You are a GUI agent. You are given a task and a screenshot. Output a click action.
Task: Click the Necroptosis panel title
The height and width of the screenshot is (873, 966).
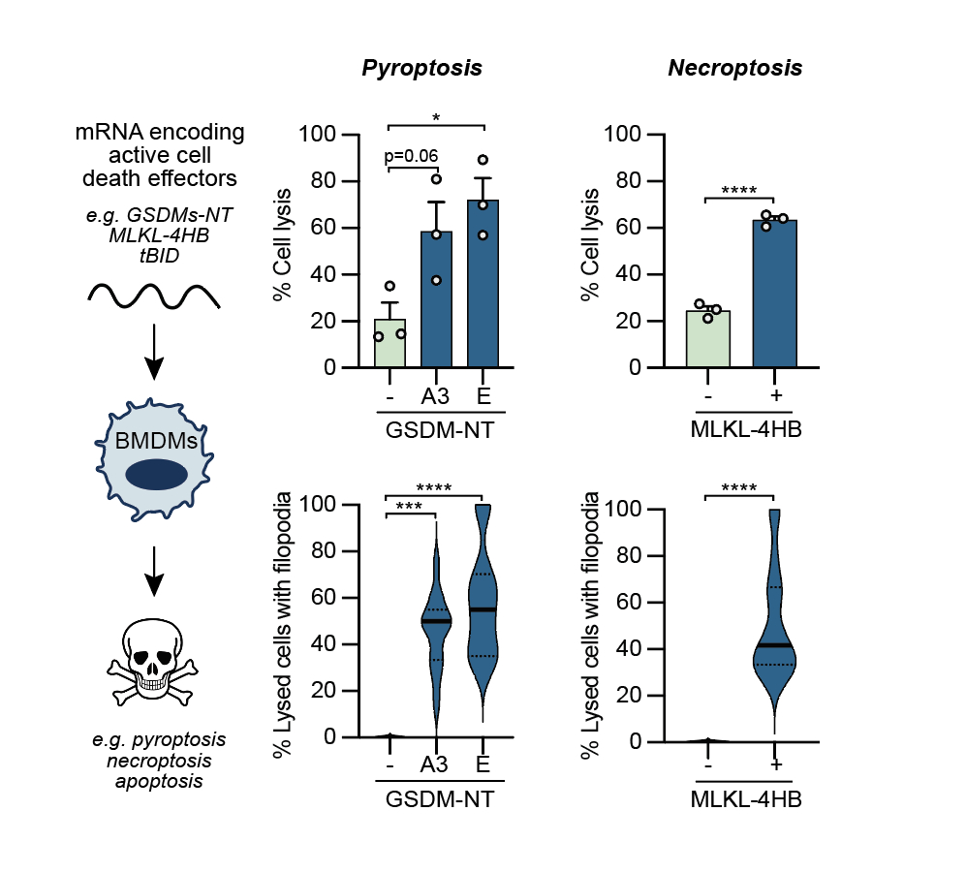734,69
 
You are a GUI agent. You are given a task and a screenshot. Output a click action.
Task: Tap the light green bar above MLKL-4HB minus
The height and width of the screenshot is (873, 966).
708,338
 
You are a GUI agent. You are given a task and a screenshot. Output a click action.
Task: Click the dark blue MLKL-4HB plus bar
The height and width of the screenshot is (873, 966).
774,295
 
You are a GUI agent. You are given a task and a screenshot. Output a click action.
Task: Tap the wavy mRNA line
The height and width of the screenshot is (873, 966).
154,295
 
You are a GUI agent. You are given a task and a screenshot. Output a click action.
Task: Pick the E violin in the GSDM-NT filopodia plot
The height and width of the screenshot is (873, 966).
483,610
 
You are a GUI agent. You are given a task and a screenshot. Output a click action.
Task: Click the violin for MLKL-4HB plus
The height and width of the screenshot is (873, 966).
774,639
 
